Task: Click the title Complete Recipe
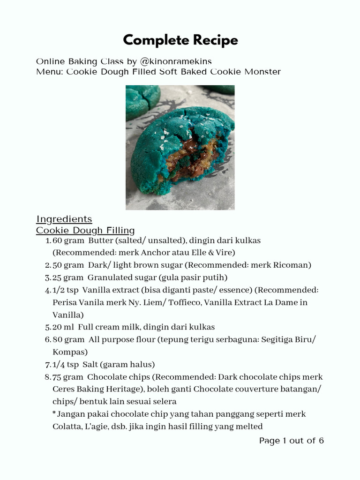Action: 180,40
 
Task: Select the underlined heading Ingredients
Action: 64,219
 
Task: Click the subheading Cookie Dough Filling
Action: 85,230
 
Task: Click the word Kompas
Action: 70,352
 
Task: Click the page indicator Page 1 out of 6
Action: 291,441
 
